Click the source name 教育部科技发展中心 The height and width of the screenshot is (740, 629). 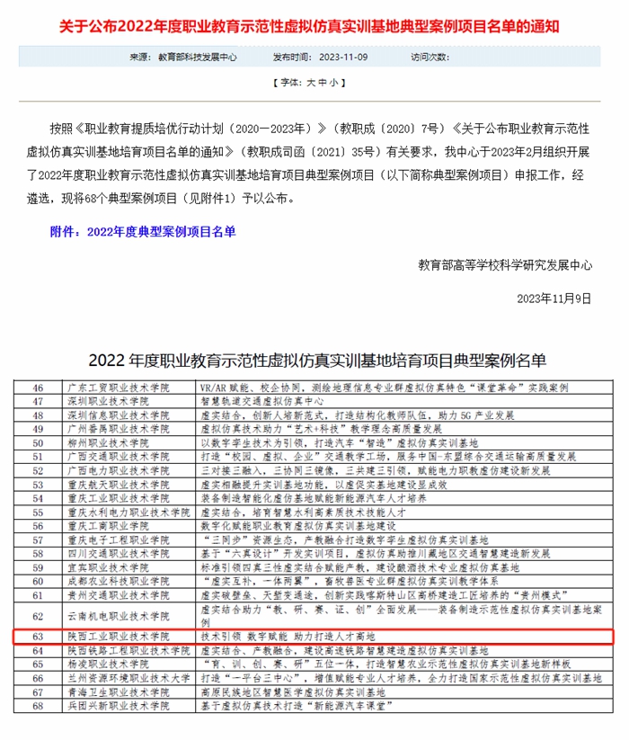(x=197, y=56)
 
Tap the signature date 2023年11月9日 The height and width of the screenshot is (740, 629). (x=554, y=297)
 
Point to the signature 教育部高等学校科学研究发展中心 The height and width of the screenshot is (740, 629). (x=505, y=265)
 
